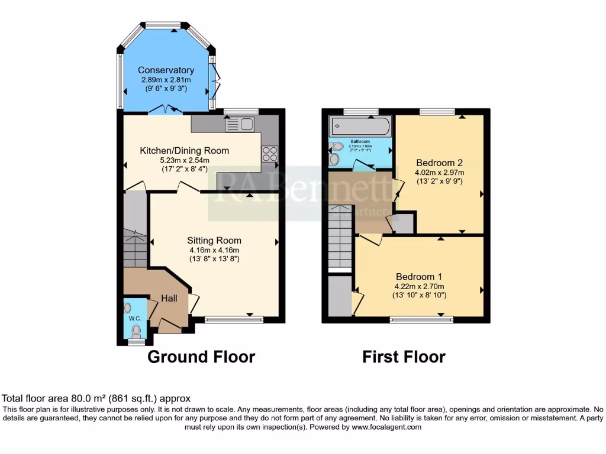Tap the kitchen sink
(x=240, y=124)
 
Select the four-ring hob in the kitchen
(x=269, y=153)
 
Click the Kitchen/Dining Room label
(x=184, y=151)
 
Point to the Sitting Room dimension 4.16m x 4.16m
(x=214, y=250)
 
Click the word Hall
(x=170, y=299)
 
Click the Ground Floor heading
(x=201, y=357)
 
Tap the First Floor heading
(x=404, y=357)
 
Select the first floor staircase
(x=340, y=236)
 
